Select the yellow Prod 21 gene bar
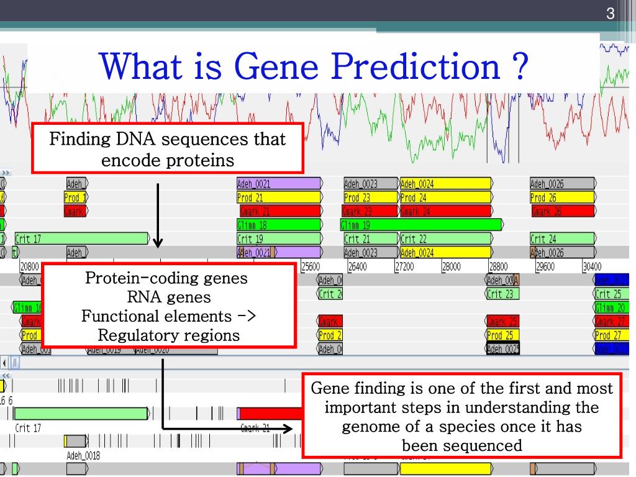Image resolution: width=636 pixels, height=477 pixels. tap(279, 198)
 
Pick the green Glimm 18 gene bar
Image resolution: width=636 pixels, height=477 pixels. tap(279, 225)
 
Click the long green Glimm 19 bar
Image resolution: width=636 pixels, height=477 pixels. tap(421, 225)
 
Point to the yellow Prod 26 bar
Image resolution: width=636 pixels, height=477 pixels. tap(562, 198)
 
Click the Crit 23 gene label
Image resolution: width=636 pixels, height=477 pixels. tap(501, 294)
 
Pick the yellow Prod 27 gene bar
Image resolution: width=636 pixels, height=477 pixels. tap(612, 335)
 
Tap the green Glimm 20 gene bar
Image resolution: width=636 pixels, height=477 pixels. tap(612, 307)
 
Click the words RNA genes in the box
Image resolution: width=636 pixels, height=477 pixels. tap(168, 298)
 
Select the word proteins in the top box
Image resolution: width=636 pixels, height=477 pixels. tap(200, 160)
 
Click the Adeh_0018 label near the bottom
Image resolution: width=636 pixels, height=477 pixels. tap(83, 457)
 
